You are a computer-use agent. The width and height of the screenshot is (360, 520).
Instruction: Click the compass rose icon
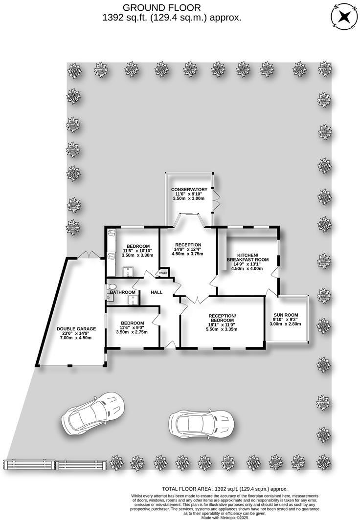345,16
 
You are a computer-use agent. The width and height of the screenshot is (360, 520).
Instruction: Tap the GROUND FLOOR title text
161,7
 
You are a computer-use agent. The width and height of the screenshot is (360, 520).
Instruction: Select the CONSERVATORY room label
189,189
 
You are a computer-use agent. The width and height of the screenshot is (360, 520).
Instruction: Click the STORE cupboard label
163,273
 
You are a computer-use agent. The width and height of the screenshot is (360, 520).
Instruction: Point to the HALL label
157,292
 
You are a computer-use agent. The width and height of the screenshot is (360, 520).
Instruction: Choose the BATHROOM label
122,292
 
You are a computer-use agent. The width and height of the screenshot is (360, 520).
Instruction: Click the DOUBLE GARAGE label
76,328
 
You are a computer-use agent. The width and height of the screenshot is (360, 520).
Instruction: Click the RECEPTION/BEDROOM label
223,318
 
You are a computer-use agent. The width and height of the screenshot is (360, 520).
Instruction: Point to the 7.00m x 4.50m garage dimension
76,338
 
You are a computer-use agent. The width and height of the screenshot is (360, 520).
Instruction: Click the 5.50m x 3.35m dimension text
223,329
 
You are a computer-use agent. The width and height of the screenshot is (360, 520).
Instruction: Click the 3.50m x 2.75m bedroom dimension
131,332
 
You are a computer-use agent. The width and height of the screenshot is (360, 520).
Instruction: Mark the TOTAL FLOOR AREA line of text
225,489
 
